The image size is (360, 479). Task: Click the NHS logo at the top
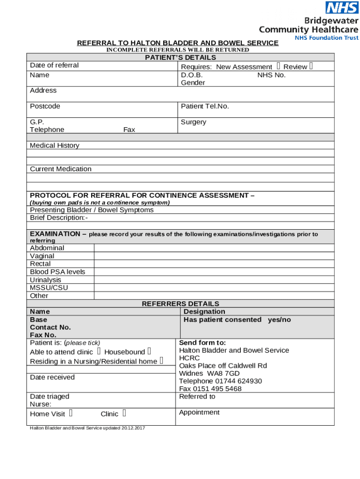[x=342, y=8]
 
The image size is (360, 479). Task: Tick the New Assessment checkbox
[x=278, y=66]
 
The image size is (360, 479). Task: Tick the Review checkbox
[x=311, y=66]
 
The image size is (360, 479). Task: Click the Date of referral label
[x=54, y=65]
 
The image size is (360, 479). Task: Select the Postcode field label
[x=45, y=106]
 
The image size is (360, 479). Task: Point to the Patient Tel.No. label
[x=205, y=106]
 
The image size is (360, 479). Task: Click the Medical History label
[x=55, y=145]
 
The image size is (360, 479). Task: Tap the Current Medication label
[x=61, y=169]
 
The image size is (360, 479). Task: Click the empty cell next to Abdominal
[x=214, y=248]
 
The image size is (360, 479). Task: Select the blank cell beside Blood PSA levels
[x=214, y=272]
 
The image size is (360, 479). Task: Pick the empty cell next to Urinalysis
[x=214, y=280]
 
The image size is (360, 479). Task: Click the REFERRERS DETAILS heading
[x=180, y=304]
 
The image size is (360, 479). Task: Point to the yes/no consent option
[x=279, y=319]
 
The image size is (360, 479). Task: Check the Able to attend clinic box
[x=99, y=351]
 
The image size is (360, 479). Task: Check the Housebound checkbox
[x=149, y=351]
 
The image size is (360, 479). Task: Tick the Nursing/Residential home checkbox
[x=161, y=361]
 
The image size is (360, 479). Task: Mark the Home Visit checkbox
[x=70, y=413]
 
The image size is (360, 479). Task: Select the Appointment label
[x=199, y=412]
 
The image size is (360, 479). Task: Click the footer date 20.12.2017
[x=133, y=428]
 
